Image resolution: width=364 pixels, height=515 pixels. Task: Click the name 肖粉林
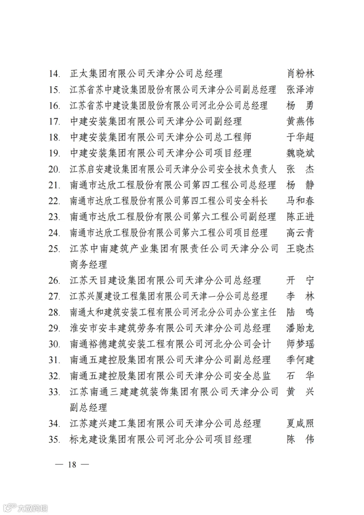point(300,74)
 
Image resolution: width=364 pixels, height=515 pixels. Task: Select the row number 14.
point(54,74)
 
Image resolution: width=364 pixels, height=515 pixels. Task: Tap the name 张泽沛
point(300,90)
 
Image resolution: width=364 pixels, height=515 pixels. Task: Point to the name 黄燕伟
point(300,121)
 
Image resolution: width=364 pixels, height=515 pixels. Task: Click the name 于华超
point(300,137)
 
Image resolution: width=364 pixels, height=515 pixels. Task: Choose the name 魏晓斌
point(300,153)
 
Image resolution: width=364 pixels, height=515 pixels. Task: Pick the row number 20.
point(54,169)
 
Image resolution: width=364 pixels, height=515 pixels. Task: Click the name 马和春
point(300,201)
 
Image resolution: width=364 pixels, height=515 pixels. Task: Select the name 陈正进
point(300,216)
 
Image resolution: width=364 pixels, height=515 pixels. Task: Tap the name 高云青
point(300,233)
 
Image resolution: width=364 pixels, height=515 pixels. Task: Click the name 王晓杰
point(300,248)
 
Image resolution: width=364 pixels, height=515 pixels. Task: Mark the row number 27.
point(54,296)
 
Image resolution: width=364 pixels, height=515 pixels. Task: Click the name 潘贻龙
point(300,328)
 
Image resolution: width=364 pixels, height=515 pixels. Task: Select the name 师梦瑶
point(300,344)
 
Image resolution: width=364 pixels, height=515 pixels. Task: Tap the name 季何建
point(300,360)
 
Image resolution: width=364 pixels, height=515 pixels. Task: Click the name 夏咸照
point(300,423)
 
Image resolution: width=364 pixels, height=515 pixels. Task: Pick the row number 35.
point(54,439)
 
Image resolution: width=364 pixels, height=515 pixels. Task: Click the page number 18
point(72,464)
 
